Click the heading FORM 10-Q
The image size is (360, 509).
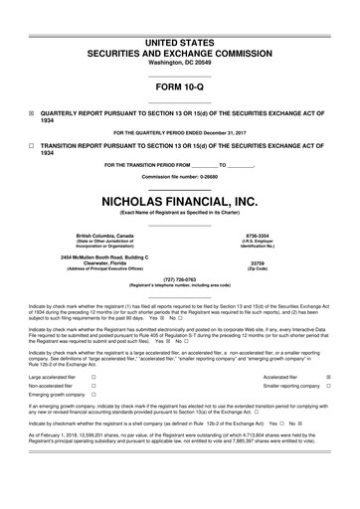(180, 86)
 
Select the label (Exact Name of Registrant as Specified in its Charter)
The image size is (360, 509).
(180, 212)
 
